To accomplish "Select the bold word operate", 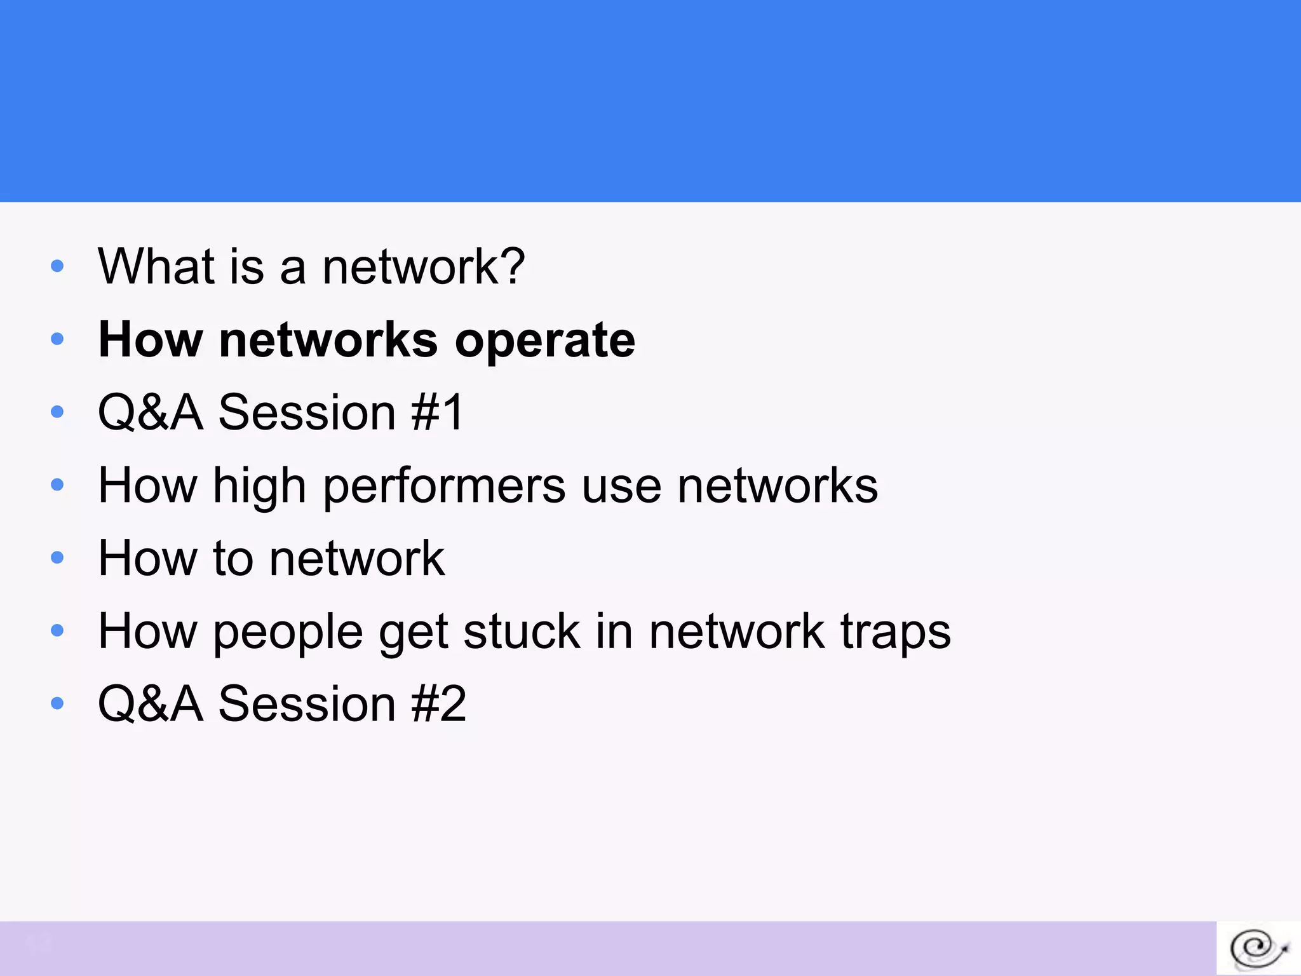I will [545, 341].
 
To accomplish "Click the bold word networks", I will [328, 339].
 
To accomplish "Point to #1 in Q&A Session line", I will [438, 412].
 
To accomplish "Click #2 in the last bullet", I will [439, 704].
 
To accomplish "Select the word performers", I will [444, 487].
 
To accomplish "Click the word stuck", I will [522, 632].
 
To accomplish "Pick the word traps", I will [896, 633].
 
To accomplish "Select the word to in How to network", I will [233, 559].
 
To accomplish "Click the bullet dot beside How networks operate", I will [57, 339].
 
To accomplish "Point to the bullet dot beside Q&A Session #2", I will [57, 703].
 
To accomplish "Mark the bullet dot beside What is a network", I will [57, 266].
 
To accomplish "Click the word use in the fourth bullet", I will [621, 487].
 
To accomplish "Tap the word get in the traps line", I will [414, 633].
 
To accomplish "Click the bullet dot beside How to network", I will [57, 558].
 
